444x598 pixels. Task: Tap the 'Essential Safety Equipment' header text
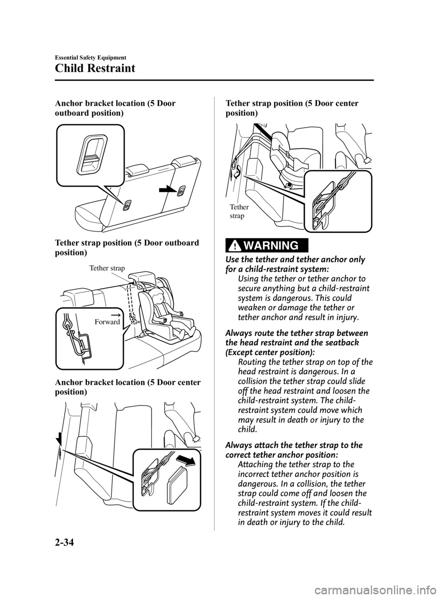tap(90, 57)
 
